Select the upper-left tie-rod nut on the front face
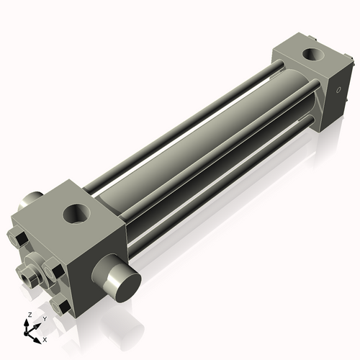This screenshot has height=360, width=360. coord(19,240)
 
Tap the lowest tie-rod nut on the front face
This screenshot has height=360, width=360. coord(63,307)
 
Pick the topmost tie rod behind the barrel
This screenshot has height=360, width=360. coord(187,108)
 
